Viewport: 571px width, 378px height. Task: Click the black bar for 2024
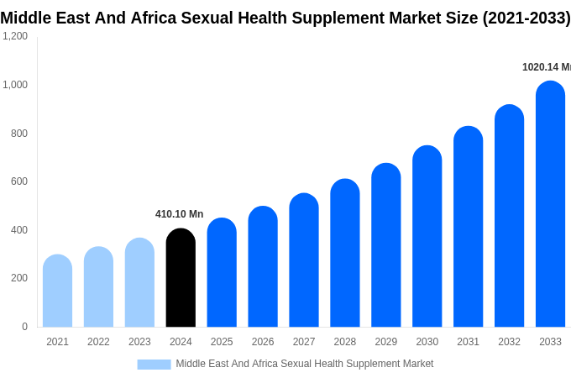pyautogui.click(x=181, y=278)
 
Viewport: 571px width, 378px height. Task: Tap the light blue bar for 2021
pyautogui.click(x=57, y=291)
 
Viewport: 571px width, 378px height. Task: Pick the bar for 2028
pyautogui.click(x=345, y=253)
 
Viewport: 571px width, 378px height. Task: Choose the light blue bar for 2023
pyautogui.click(x=139, y=282)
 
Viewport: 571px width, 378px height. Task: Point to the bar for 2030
pyautogui.click(x=427, y=236)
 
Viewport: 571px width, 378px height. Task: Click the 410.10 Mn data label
pyautogui.click(x=179, y=214)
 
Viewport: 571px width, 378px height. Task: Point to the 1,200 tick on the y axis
pyautogui.click(x=14, y=36)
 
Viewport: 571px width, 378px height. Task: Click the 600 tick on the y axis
pyautogui.click(x=18, y=181)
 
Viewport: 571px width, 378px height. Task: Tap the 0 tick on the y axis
pyautogui.click(x=24, y=327)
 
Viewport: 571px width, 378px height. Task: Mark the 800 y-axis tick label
pyautogui.click(x=18, y=133)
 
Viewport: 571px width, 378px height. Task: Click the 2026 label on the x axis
pyautogui.click(x=263, y=342)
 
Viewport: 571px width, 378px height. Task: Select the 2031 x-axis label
pyautogui.click(x=468, y=342)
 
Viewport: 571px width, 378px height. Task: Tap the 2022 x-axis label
pyautogui.click(x=98, y=342)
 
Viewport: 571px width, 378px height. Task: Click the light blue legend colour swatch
pyautogui.click(x=154, y=364)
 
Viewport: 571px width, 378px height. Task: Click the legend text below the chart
pyautogui.click(x=304, y=364)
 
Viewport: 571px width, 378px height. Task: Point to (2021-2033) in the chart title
pyautogui.click(x=526, y=18)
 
